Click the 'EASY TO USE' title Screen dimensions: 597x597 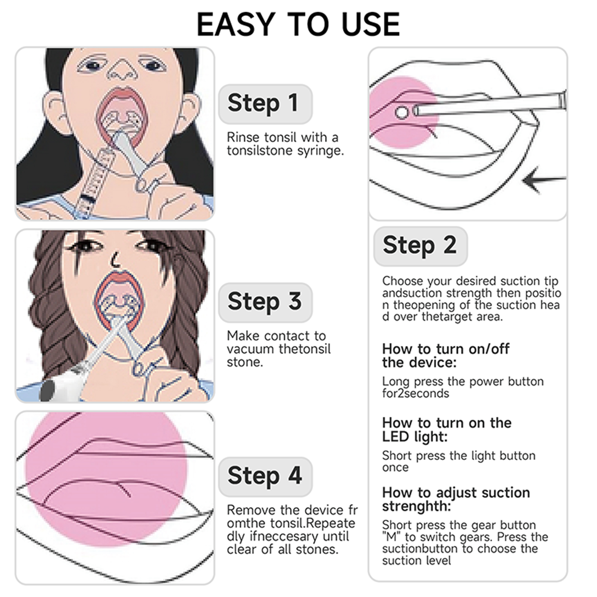point(298,24)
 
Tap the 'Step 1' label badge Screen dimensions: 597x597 point(265,104)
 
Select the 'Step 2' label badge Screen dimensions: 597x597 point(421,246)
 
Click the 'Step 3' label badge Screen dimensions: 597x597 point(265,302)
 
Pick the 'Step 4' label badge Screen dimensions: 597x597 point(265,476)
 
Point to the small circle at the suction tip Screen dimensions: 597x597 point(402,112)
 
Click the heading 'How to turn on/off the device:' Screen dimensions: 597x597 point(446,356)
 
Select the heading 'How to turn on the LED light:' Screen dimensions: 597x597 point(447,429)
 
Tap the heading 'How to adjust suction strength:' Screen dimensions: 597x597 point(456,499)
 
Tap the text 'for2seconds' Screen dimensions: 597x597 point(415,393)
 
